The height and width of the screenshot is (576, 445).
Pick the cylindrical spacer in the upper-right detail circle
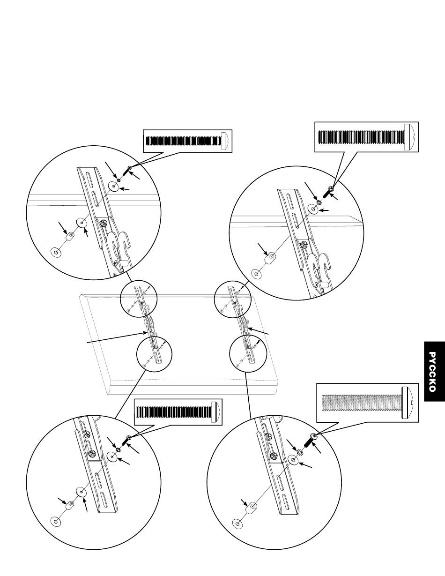coord(272,259)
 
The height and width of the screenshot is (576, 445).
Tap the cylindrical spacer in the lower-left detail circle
coord(71,506)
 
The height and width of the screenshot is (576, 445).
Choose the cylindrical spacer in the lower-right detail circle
coord(253,507)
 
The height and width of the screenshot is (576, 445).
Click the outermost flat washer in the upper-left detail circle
coord(57,253)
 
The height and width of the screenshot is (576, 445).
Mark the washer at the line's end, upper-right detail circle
coord(256,273)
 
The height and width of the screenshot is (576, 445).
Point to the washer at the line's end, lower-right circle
coord(238,523)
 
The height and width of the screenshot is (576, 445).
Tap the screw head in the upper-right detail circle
coord(331,189)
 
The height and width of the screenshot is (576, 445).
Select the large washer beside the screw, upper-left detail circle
coord(113,186)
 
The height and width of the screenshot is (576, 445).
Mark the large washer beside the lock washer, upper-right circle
coord(313,209)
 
